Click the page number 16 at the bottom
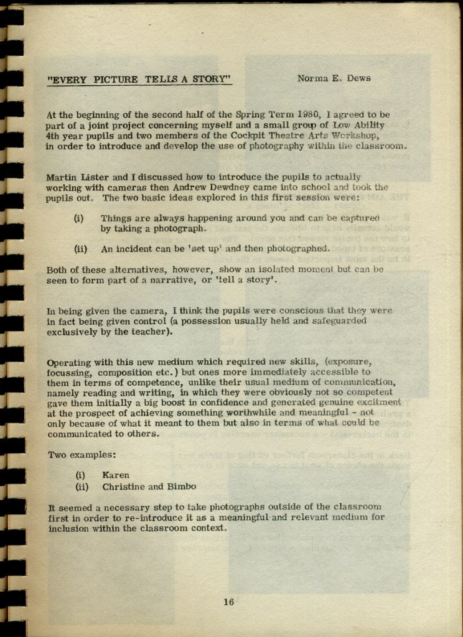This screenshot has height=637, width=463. pos(228,602)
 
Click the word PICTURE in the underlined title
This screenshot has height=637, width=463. pos(116,79)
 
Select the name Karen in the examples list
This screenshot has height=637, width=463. pos(116,475)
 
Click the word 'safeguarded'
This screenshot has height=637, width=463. pos(339,321)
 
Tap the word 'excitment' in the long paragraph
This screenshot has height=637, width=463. pos(380,402)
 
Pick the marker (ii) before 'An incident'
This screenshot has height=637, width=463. pos(81,249)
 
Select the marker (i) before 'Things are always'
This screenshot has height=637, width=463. pos(79,218)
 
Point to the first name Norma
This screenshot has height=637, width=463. pos(313,78)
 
